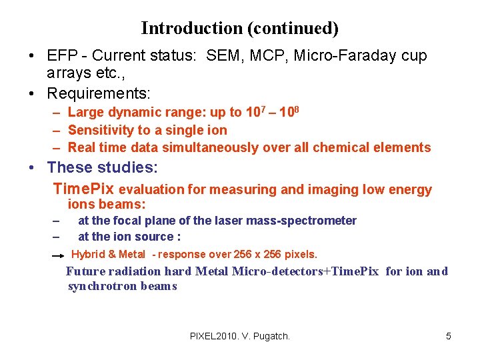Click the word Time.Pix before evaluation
83,189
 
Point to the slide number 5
449,336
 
